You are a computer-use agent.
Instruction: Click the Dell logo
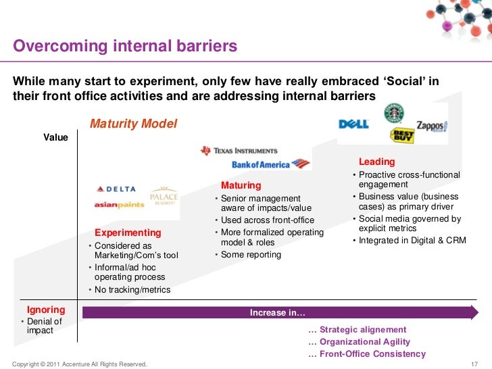[353, 124]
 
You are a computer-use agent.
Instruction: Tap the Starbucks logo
[393, 113]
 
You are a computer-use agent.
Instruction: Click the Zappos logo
[432, 126]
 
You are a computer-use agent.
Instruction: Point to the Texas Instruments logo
[239, 151]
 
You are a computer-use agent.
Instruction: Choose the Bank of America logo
[270, 164]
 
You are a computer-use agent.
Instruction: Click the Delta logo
[116, 189]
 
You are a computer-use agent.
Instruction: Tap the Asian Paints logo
[119, 204]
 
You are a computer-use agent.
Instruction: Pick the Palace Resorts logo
[163, 197]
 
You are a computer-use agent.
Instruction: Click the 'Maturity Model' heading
[133, 124]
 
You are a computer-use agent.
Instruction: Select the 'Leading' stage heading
[376, 162]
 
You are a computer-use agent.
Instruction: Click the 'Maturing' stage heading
[241, 185]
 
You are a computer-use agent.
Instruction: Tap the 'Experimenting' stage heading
[128, 232]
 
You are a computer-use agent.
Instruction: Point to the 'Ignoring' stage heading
[46, 310]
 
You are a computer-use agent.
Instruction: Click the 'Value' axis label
[56, 137]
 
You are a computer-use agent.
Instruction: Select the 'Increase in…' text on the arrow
[277, 312]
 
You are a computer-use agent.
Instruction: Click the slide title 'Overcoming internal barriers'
[125, 47]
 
